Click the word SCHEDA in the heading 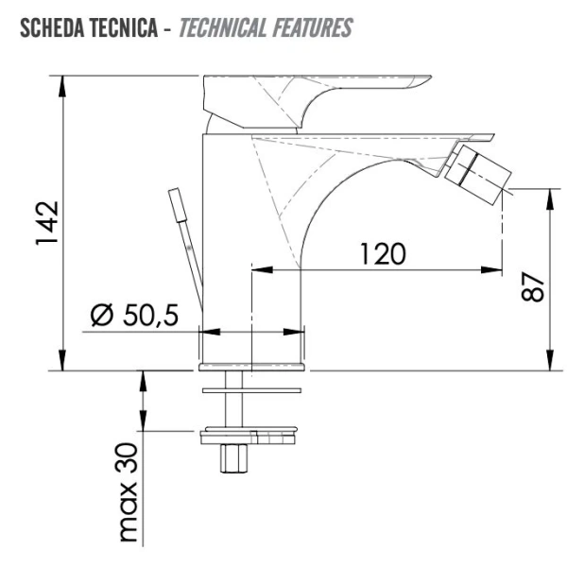pos(52,27)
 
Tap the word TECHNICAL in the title pos(223,27)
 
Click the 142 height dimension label pos(47,223)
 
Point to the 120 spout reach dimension pos(383,254)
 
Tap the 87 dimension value pos(532,286)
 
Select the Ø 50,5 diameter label pos(134,315)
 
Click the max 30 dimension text pos(128,493)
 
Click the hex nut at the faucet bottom pos(233,458)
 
